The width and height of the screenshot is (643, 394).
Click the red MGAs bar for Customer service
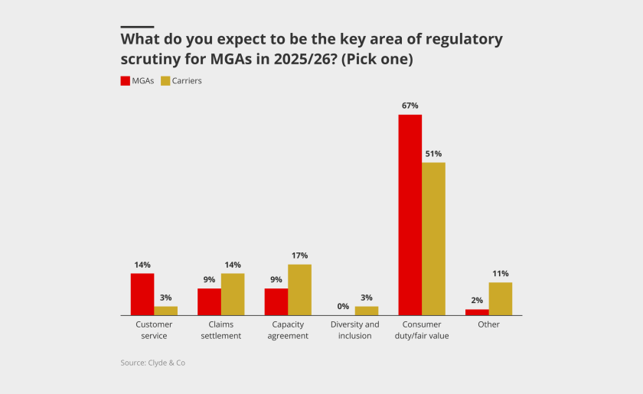142,295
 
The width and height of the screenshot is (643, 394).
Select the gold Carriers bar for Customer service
166,311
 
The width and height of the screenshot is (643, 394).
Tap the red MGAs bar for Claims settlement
209,301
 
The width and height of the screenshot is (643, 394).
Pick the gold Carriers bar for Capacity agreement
299,290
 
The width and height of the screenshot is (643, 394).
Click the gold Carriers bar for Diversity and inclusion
367,311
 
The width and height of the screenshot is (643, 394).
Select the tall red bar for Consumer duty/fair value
410,215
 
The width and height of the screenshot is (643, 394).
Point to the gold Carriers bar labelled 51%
433,239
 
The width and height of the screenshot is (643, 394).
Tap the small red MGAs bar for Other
477,312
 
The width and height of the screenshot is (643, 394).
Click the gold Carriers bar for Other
501,299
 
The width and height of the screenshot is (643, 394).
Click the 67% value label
410,106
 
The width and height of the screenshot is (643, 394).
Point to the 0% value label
343,306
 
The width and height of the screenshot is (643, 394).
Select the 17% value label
299,256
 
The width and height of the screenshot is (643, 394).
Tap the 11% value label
501,273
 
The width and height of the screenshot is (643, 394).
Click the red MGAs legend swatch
126,80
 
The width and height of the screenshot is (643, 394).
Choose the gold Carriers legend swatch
165,80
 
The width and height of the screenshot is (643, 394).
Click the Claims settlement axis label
221,330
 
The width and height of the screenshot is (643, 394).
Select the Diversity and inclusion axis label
355,330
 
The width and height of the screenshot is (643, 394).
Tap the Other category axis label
488,324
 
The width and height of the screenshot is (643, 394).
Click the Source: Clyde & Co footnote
152,363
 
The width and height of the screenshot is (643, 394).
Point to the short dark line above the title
137,27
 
